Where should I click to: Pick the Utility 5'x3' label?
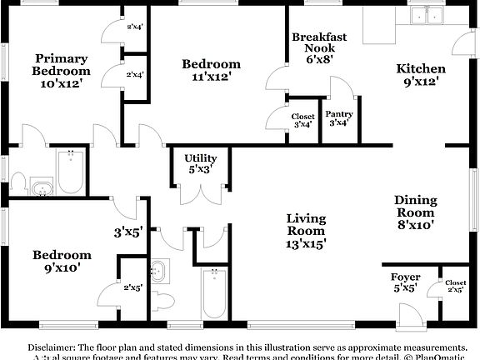click(x=200, y=162)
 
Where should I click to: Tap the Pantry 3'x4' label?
click(x=338, y=118)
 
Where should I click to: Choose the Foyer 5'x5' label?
click(x=405, y=282)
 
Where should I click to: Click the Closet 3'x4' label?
click(x=302, y=121)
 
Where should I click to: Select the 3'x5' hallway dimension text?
click(x=129, y=233)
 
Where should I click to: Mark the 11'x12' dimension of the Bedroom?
click(x=211, y=77)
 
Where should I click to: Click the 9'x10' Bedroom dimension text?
click(x=62, y=268)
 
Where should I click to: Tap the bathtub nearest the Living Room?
click(x=215, y=295)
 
